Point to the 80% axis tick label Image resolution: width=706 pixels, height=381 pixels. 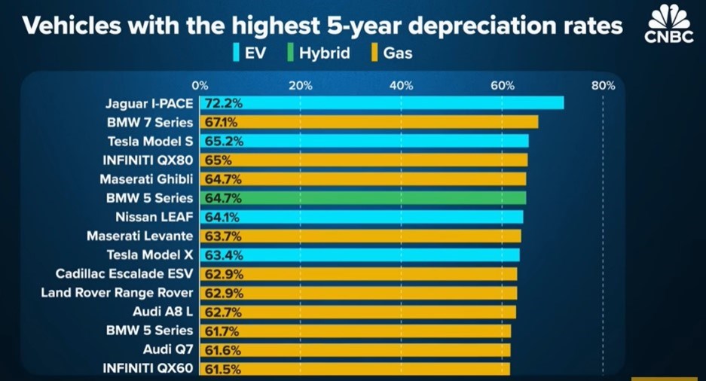click(x=604, y=86)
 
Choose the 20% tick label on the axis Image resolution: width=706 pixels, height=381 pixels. click(x=300, y=86)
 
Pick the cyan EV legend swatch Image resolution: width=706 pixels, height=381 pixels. click(x=236, y=53)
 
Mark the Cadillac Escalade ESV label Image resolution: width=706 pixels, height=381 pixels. click(x=124, y=273)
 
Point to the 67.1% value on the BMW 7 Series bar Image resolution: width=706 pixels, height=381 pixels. click(x=219, y=122)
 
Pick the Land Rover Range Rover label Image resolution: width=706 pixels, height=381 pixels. click(x=118, y=292)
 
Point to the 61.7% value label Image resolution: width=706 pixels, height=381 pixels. click(x=219, y=331)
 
